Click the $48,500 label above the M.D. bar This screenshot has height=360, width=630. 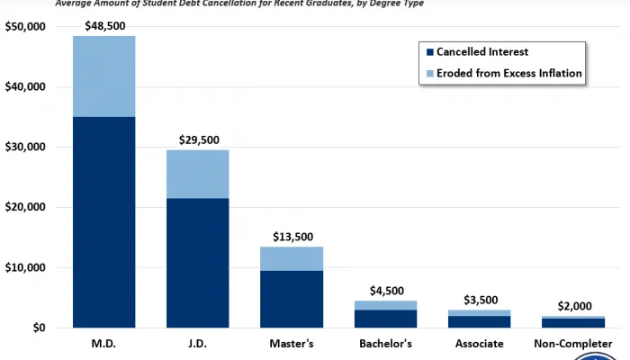[x=103, y=26]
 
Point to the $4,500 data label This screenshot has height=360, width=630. [x=385, y=291]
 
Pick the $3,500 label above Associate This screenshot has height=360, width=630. [x=480, y=300]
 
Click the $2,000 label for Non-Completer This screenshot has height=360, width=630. [x=573, y=306]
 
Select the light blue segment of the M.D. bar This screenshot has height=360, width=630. [x=103, y=76]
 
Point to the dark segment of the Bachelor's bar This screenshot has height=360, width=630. [x=385, y=319]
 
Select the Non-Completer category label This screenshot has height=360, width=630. [x=573, y=344]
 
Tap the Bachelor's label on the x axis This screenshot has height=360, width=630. [x=385, y=344]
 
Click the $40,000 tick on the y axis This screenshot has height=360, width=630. [x=25, y=87]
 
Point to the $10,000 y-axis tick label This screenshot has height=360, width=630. [x=25, y=268]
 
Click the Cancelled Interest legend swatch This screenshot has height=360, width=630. [x=430, y=52]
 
